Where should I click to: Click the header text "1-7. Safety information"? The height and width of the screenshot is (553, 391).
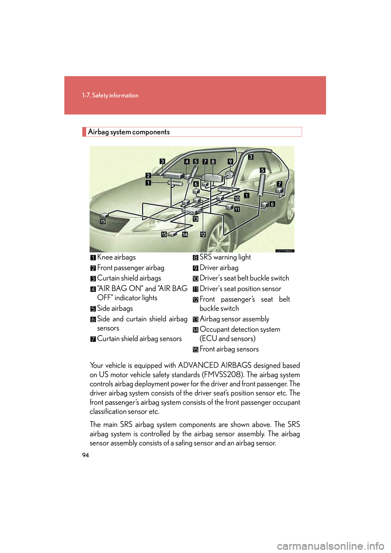(110, 95)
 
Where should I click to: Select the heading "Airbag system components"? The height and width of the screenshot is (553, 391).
(129, 132)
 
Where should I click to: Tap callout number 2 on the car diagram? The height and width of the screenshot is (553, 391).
(148, 176)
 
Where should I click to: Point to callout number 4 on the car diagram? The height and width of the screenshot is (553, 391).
(187, 162)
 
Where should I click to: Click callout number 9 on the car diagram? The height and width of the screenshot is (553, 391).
(230, 162)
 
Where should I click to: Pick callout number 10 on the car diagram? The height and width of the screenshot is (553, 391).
(237, 199)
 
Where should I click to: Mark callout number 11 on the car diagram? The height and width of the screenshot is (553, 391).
(237, 209)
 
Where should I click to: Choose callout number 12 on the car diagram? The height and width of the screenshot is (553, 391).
(203, 235)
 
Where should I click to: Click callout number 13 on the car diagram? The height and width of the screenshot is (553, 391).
(195, 219)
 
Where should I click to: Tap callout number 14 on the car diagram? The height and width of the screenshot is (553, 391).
(185, 235)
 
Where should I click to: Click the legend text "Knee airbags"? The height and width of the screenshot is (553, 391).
(116, 257)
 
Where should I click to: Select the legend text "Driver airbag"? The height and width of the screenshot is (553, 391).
(219, 268)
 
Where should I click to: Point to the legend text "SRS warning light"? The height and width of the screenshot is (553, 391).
(225, 257)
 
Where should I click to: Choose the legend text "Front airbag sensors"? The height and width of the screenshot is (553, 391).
(229, 349)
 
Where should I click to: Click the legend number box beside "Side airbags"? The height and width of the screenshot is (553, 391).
(93, 309)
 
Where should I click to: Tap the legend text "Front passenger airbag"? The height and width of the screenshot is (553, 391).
(131, 268)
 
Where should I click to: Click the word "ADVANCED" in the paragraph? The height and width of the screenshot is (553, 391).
(198, 366)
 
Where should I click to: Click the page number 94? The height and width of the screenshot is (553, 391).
(86, 455)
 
